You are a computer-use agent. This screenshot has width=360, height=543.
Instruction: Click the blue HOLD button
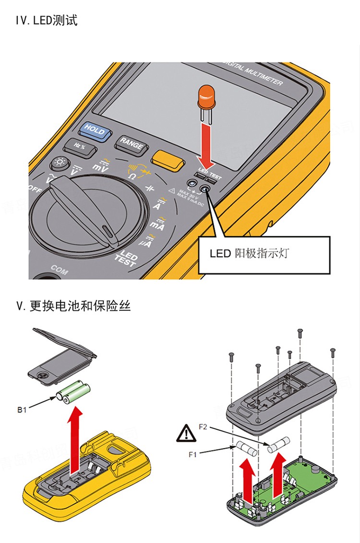point(95,129)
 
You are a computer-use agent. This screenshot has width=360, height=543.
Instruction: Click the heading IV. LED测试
point(47,21)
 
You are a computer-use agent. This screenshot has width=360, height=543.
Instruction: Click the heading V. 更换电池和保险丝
point(73,306)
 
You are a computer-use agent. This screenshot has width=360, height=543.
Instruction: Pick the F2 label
point(203,425)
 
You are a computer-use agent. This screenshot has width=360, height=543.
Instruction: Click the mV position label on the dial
point(100,166)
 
